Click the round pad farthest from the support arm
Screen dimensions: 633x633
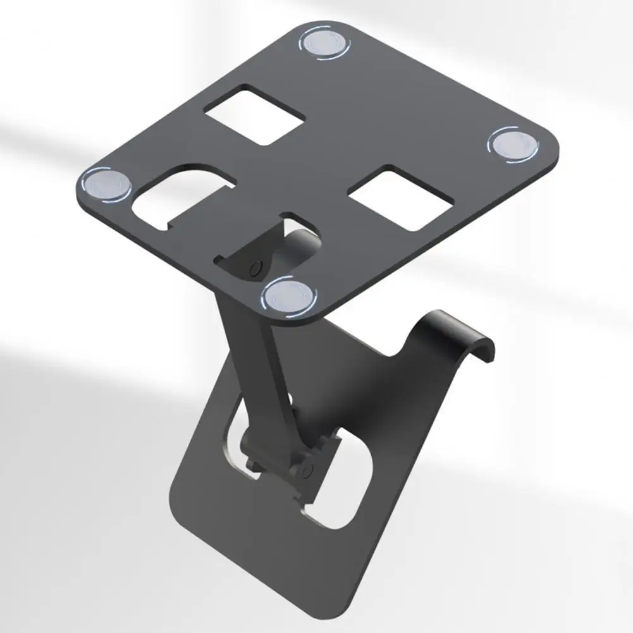pyautogui.click(x=324, y=42)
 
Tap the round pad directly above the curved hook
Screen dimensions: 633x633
pyautogui.click(x=513, y=146)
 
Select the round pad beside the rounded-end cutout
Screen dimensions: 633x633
pyautogui.click(x=106, y=185)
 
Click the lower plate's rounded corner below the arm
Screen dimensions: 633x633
pyautogui.click(x=183, y=500)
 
